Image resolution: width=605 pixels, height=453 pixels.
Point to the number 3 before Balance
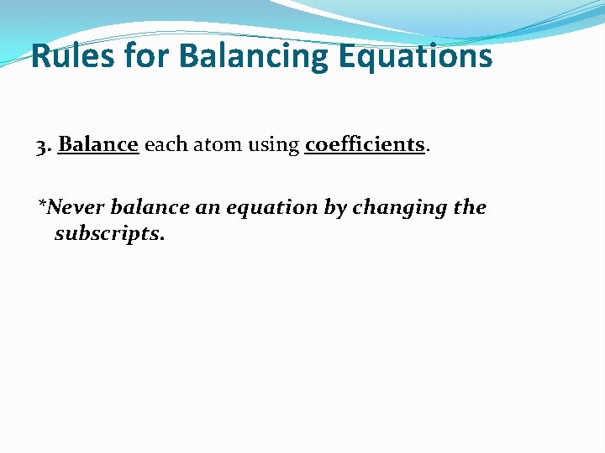pos(41,145)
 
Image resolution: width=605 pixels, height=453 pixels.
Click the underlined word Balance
pos(97,144)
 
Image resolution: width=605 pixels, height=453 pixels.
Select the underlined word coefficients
pos(365,144)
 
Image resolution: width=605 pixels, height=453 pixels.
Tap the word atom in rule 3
pos(221,145)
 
